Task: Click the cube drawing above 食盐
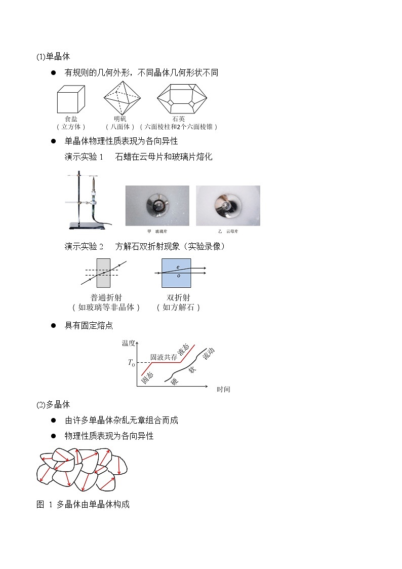(x=71, y=98)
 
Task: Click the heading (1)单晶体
(x=53, y=57)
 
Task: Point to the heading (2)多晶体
(x=53, y=404)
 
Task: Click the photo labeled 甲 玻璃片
(x=157, y=205)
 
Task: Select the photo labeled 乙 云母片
(x=228, y=205)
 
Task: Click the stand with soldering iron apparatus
(x=86, y=200)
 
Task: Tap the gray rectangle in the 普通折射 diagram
(x=103, y=273)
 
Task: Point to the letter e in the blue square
(x=178, y=267)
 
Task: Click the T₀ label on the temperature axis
(x=131, y=362)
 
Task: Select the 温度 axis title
(x=128, y=343)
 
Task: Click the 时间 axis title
(x=223, y=389)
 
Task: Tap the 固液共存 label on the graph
(x=164, y=357)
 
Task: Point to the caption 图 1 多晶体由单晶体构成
(x=83, y=505)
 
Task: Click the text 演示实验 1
(x=84, y=157)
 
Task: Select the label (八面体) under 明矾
(x=120, y=127)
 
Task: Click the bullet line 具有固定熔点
(x=89, y=325)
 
